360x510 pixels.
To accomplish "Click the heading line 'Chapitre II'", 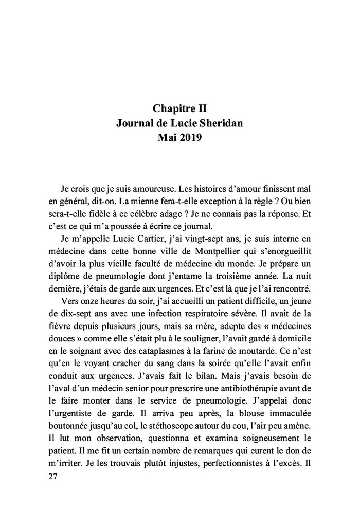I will [x=180, y=108].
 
